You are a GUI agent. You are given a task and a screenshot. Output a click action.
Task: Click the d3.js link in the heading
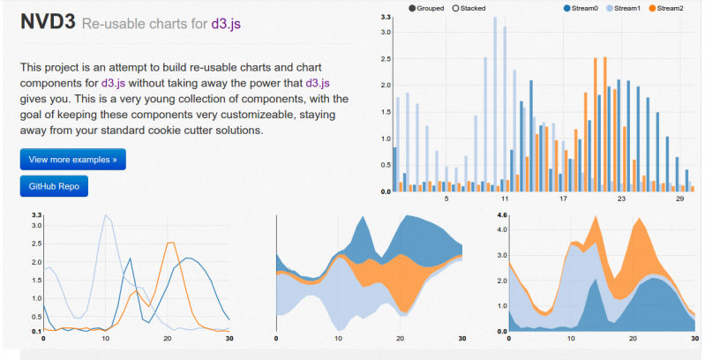[226, 24]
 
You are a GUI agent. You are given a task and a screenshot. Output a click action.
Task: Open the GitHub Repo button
[54, 187]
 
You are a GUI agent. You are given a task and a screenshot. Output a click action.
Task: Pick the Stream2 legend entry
[670, 8]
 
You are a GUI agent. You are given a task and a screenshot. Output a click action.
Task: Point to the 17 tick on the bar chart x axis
[563, 199]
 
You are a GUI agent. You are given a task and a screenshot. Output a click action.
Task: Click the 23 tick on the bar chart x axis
[621, 199]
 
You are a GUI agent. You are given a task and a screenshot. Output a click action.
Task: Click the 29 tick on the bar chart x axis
[679, 199]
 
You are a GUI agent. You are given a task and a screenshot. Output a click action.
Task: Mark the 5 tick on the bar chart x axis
[446, 199]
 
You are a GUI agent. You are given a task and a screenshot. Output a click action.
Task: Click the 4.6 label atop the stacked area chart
[502, 215]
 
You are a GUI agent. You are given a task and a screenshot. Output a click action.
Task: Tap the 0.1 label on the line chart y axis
[36, 331]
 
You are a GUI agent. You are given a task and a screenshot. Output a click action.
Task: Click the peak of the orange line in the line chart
[170, 244]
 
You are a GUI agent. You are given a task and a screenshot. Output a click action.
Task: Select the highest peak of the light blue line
[107, 215]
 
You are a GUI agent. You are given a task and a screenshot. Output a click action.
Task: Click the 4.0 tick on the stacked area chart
[502, 229]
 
